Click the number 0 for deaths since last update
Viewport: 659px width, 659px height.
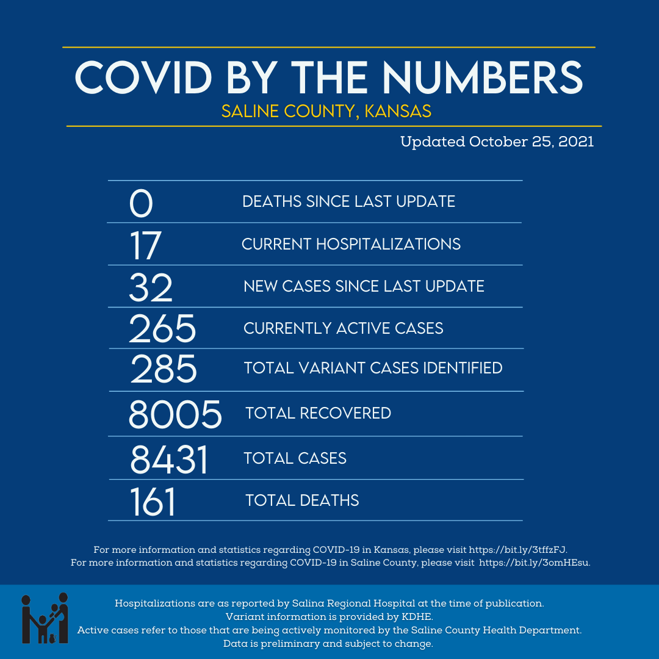pos(141,203)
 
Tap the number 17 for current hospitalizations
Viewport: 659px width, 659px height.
pos(145,245)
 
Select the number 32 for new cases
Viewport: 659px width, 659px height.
pos(151,287)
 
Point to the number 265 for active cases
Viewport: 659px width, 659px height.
pos(162,328)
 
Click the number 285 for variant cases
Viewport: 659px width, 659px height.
pos(164,369)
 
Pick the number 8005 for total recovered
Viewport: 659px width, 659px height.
pos(175,414)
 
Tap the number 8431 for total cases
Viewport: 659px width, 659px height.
pos(169,459)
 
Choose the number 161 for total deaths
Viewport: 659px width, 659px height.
pos(153,502)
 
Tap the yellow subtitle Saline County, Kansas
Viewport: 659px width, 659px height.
pos(326,111)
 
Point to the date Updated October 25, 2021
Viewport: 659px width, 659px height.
pos(497,142)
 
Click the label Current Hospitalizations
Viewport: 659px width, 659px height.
pos(351,245)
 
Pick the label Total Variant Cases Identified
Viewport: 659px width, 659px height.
pos(373,368)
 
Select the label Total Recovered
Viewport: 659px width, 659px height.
pos(318,413)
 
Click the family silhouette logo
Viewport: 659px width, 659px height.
pos(45,618)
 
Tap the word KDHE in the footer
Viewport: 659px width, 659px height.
pos(417,617)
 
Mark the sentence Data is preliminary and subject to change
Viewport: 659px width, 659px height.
pos(328,644)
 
